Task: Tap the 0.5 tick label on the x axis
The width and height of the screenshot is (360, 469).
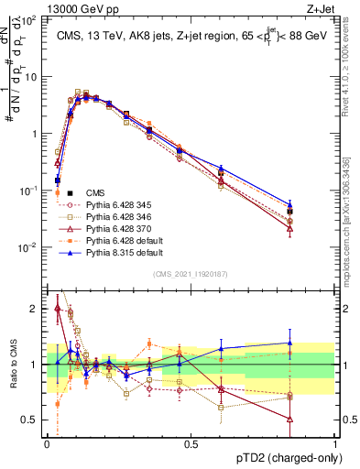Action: pos(191,443)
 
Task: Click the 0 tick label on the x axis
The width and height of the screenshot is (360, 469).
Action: pos(47,443)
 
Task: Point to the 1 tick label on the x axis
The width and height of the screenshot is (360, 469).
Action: pos(334,443)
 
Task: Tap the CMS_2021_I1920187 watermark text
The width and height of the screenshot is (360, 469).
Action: pos(191,274)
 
